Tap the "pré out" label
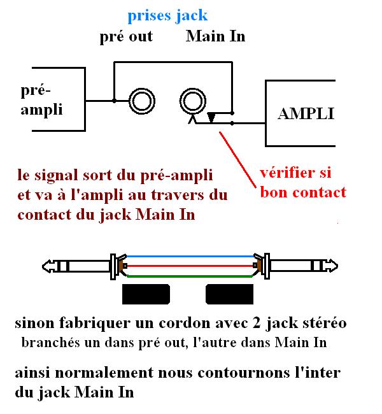[x=126, y=36]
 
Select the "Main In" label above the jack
[x=215, y=36]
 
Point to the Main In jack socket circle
[x=193, y=101]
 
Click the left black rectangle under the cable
[x=146, y=295]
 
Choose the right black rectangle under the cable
[x=230, y=295]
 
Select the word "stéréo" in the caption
[x=323, y=323]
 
